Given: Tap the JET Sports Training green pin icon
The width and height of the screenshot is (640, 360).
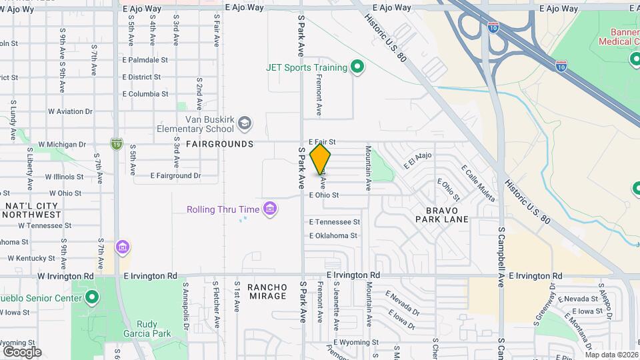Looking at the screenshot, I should click(x=357, y=67).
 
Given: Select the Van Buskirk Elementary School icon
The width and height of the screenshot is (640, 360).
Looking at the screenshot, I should click(x=245, y=123).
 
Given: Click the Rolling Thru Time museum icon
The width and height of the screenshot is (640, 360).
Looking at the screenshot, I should click(x=270, y=209).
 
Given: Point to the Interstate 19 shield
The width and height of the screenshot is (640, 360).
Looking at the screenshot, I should click(x=117, y=143).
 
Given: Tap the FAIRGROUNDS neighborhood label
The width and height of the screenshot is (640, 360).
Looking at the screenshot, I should click(x=219, y=144).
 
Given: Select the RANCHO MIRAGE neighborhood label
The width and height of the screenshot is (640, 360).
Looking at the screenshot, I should click(x=267, y=291).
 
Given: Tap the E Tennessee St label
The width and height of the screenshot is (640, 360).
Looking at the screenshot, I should click(x=334, y=222).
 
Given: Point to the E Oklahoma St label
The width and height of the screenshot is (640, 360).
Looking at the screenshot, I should click(x=333, y=235).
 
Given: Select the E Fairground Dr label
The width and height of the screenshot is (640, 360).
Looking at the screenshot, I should click(x=175, y=176).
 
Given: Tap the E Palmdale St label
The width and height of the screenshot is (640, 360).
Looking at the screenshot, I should click(x=145, y=60).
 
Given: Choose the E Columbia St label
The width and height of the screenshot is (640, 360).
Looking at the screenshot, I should click(x=145, y=94).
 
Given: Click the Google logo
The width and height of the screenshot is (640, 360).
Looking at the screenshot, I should click(x=22, y=351).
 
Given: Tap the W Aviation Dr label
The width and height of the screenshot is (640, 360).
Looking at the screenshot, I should click(x=65, y=111).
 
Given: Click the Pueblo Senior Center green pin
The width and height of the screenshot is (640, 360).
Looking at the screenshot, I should click(x=91, y=297).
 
